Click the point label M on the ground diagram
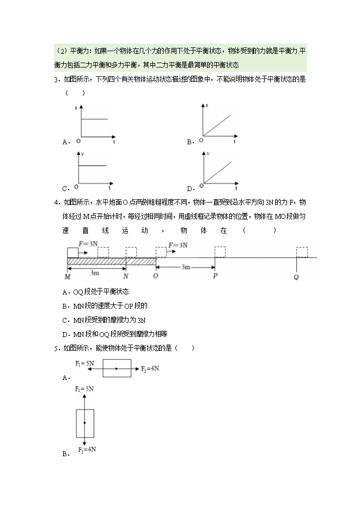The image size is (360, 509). tap(66, 277)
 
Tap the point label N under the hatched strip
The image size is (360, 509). tap(126, 277)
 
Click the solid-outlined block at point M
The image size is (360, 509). tap(73, 252)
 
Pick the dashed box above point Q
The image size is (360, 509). tap(302, 252)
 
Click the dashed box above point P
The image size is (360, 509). tap(220, 252)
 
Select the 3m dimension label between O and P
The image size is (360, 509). tap(186, 267)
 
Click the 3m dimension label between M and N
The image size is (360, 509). tap(95, 272)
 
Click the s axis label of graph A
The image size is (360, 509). tap(76, 109)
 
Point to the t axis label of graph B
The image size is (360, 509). tap(235, 142)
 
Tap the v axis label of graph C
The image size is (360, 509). tap(82, 155)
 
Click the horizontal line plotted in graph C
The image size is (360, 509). tap(94, 165)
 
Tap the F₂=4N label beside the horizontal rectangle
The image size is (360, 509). tap(150, 369)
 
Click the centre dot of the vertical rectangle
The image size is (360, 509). tap(85, 422)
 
